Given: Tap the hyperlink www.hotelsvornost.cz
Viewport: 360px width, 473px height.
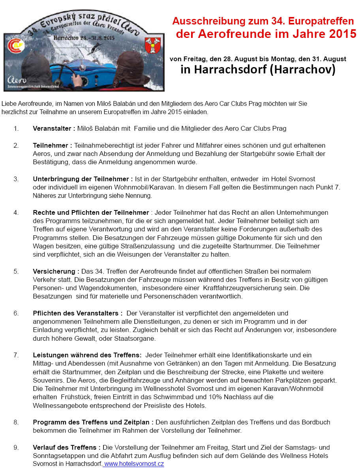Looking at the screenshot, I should coord(134,464).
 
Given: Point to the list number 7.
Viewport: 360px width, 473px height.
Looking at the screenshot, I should coord(16,355).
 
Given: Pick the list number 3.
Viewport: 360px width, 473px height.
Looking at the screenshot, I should coord(16,179).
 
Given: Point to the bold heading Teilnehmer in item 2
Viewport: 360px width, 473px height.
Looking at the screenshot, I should coord(50,145).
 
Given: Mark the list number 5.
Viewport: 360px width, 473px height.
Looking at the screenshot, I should coord(16,271).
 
